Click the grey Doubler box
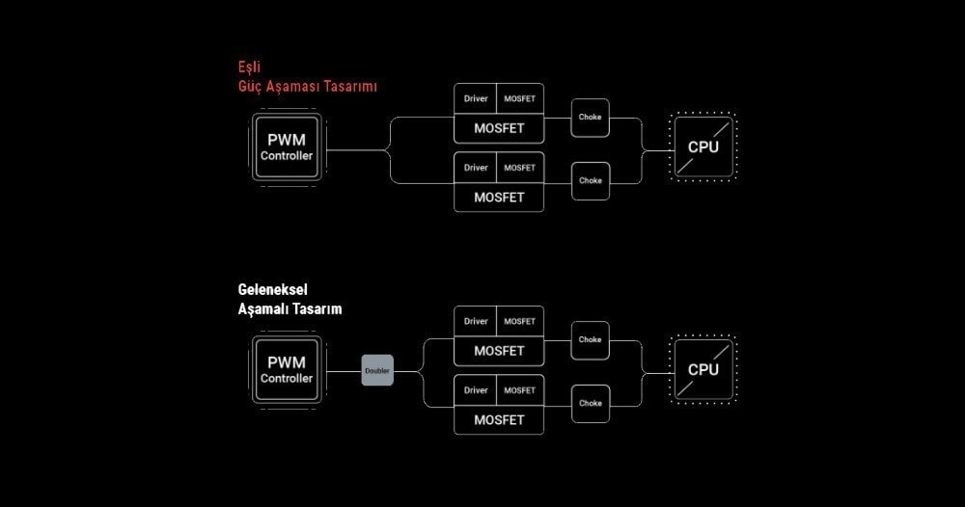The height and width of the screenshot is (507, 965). pos(377,370)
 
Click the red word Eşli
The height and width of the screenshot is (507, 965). pos(249,67)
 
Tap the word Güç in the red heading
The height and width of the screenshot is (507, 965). pos(250,86)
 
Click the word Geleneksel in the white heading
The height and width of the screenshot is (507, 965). pos(273,289)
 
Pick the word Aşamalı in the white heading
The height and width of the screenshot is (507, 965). pos(263,309)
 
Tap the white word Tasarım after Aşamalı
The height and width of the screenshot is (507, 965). pos(317,309)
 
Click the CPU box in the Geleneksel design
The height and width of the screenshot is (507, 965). pos(703,370)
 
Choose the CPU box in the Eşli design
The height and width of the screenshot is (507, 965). pos(703,147)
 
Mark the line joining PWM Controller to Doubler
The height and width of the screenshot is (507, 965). pos(343,371)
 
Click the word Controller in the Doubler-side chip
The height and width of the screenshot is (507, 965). pos(287,379)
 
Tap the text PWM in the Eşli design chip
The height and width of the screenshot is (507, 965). pos(287,140)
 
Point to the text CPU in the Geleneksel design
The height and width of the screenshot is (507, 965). pos(703,370)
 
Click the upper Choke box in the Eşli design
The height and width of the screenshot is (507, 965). pos(591,118)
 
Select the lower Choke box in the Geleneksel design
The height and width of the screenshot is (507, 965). pos(591,404)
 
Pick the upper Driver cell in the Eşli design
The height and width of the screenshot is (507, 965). pos(475,98)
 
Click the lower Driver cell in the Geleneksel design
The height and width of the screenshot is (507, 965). pos(475,390)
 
